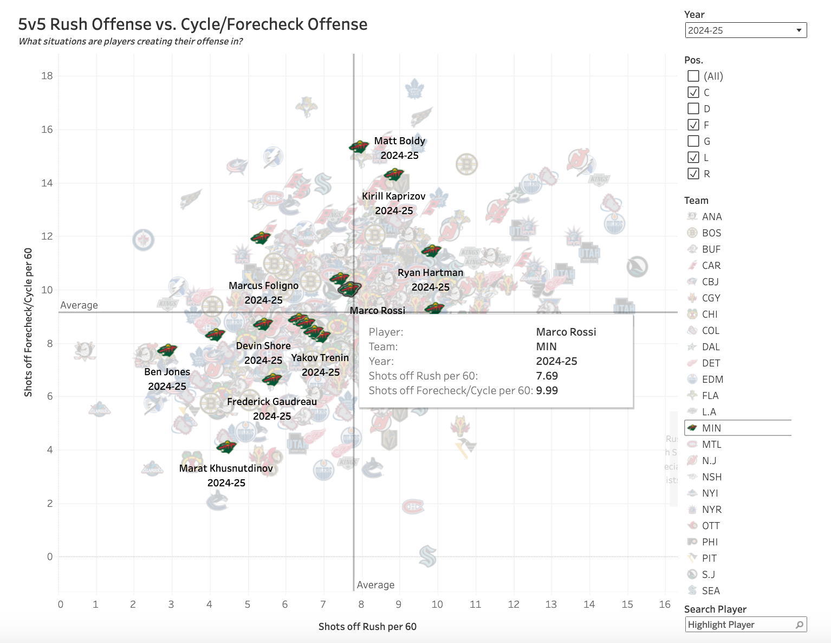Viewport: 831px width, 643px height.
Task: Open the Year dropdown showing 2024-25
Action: [745, 30]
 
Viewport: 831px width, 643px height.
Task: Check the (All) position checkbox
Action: [693, 76]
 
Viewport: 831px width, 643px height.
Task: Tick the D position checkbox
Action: [693, 108]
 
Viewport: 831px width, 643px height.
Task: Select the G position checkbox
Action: [693, 141]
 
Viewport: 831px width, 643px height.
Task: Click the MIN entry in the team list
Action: [711, 428]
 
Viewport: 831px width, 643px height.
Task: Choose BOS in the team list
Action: [711, 233]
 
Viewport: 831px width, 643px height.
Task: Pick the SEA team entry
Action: [710, 590]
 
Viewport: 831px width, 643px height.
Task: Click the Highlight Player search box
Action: [740, 625]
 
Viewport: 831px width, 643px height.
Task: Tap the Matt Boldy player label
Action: [399, 141]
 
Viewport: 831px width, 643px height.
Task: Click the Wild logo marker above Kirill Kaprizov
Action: [394, 175]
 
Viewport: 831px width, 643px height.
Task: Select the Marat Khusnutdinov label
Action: [226, 468]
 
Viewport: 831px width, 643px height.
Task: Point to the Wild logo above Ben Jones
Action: [167, 350]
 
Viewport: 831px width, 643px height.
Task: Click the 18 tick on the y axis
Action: [47, 76]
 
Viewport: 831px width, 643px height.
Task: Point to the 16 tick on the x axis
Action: [665, 604]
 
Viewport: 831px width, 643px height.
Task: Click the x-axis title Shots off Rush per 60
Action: [367, 627]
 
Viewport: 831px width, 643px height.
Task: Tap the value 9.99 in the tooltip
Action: [547, 390]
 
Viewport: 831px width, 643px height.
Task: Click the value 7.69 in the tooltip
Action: [547, 376]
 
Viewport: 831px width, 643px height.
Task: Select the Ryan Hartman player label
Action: [430, 273]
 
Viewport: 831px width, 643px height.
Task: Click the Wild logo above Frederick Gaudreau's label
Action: [272, 379]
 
